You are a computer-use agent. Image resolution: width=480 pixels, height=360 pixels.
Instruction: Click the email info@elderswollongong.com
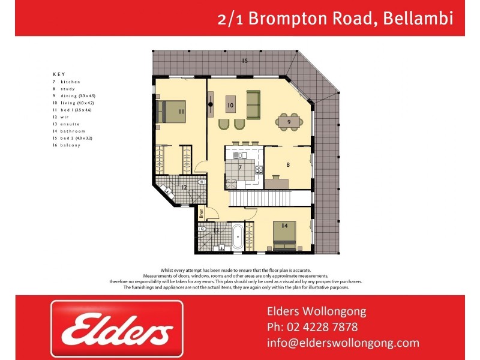pos(343,343)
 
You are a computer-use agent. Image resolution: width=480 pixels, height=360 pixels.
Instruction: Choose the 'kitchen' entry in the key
pos(70,82)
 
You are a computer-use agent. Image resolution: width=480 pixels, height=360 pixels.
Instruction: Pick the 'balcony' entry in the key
pos(69,145)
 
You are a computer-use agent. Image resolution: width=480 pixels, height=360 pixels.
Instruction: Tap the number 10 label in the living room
pos(230,106)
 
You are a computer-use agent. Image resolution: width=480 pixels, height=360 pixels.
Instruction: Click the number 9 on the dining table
pos(289,122)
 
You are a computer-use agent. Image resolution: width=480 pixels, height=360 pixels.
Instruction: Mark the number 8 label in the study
pos(288,164)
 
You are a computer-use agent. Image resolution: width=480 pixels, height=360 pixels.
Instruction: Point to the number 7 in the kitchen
pos(240,167)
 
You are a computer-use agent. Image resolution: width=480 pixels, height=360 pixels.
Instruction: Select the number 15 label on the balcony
pos(245,61)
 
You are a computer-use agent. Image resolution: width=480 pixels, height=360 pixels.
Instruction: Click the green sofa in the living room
pos(253,105)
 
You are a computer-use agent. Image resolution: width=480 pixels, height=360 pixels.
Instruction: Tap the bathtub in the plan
pos(238,237)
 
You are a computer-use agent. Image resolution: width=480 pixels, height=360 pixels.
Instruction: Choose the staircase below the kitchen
pos(271,197)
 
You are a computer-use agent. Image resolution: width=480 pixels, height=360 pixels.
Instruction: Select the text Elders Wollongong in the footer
pos(316,311)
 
